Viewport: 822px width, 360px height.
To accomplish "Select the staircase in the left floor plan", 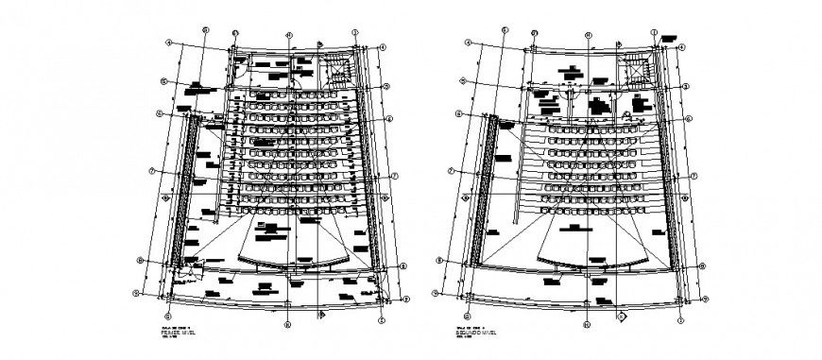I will click(x=338, y=70).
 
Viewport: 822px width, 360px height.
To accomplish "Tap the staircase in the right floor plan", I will click(x=636, y=70).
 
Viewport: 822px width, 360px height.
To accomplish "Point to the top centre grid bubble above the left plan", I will click(x=289, y=35).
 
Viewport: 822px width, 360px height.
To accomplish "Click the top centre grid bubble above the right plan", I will click(x=587, y=35).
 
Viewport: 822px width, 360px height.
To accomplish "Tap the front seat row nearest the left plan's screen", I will click(x=293, y=213).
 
